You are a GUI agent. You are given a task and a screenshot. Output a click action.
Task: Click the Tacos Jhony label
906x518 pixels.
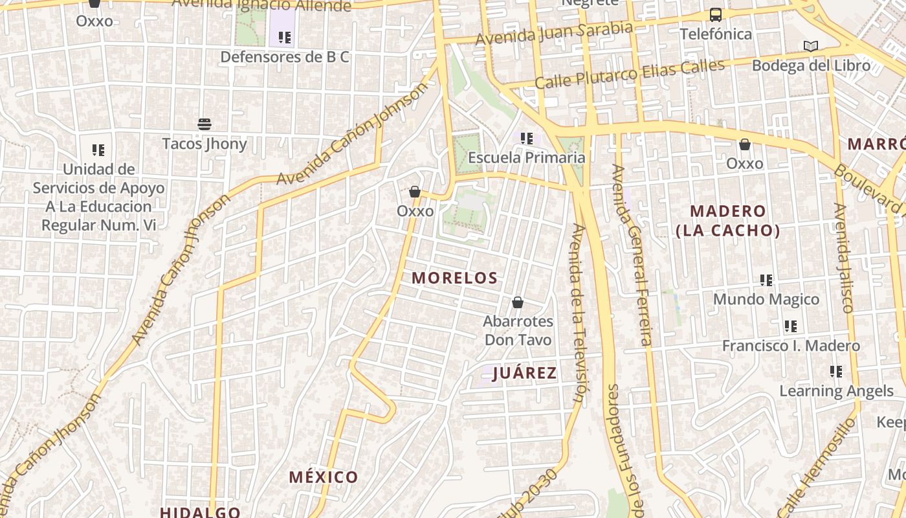[204, 143]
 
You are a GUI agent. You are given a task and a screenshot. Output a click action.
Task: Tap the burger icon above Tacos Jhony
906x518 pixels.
[204, 124]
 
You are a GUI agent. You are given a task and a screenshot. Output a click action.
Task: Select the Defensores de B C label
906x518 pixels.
[284, 57]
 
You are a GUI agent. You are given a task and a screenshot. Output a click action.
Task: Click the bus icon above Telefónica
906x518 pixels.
[715, 14]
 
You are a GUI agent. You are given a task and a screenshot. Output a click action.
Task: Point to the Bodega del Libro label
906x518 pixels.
[810, 65]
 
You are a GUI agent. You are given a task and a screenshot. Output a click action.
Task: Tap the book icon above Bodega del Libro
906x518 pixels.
[810, 46]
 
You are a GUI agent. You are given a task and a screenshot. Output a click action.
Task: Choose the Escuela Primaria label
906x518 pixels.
[526, 157]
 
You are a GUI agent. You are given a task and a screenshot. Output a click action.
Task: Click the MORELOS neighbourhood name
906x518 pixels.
[454, 278]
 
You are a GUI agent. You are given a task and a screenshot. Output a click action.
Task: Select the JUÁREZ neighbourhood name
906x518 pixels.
[524, 373]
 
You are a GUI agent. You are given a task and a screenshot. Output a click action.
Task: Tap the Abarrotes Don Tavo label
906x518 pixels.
[518, 330]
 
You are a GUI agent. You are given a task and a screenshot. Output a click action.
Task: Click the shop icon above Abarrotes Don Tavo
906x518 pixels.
[518, 302]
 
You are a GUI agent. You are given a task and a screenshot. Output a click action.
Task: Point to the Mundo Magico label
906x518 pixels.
[766, 299]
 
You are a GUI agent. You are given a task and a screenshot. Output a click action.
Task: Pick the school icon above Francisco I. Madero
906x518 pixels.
[790, 326]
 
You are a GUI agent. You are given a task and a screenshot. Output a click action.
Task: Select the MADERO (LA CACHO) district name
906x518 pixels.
[727, 220]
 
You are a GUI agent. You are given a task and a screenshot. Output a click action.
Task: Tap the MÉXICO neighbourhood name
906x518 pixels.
[323, 477]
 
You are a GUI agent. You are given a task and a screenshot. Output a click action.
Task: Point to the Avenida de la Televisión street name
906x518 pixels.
[581, 314]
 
